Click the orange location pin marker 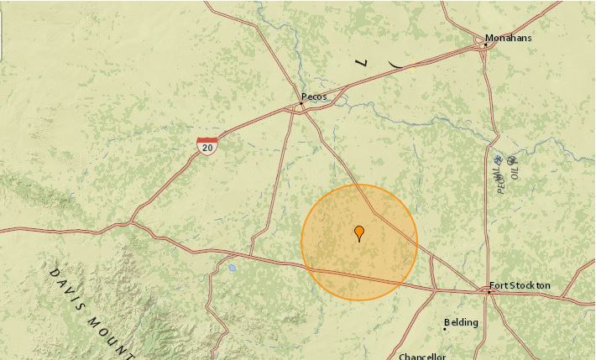point(359,232)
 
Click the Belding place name point(462,323)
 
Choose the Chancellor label point(422,356)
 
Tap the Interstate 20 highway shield point(207,145)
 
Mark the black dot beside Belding point(445,328)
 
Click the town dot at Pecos point(303,106)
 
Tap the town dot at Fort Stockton point(489,292)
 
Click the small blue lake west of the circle point(231,269)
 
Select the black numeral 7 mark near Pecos point(362,62)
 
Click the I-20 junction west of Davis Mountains point(131,223)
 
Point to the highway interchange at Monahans point(486,47)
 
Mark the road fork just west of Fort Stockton point(434,290)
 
